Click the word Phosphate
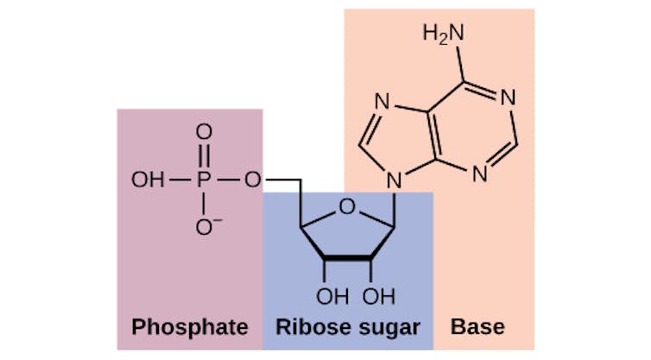(x=189, y=328)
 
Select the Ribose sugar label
(x=347, y=328)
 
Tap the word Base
(x=477, y=328)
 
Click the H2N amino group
(x=443, y=35)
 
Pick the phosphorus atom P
(x=204, y=180)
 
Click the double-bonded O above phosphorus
(x=204, y=132)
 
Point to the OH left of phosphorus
(x=147, y=180)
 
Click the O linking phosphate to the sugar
(x=252, y=180)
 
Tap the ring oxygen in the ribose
(x=346, y=206)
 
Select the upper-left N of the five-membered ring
(x=382, y=104)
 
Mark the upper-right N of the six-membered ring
(x=508, y=98)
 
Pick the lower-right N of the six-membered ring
(x=479, y=173)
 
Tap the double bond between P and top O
(x=204, y=156)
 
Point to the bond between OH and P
(x=178, y=180)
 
